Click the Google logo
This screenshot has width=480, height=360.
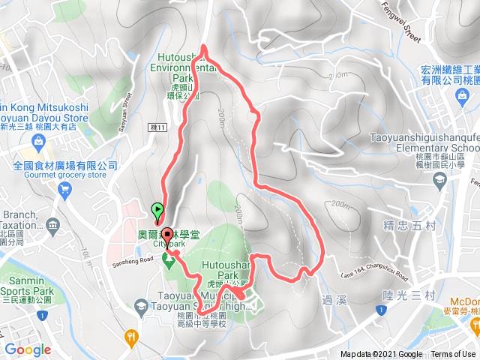click(x=28, y=349)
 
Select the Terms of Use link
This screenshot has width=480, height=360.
click(x=453, y=355)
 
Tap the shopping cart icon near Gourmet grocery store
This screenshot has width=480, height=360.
click(x=66, y=189)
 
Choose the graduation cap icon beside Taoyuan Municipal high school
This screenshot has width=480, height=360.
click(x=141, y=305)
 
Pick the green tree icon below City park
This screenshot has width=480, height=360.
click(x=169, y=259)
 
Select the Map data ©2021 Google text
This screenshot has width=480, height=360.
click(x=381, y=355)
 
